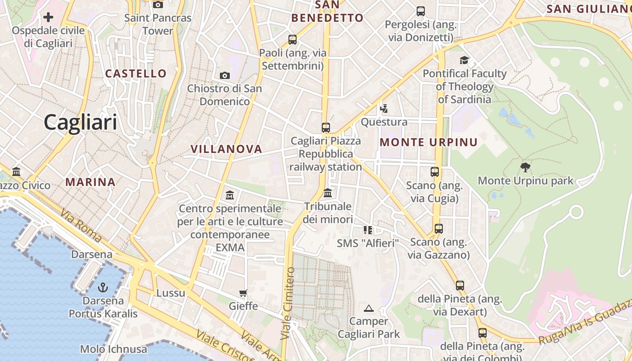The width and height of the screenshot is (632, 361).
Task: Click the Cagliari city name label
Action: tap(80, 122)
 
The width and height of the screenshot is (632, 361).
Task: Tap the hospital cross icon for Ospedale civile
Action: tap(48, 18)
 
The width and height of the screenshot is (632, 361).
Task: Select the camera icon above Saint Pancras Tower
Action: tap(158, 5)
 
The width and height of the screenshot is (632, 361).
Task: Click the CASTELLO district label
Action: tap(136, 74)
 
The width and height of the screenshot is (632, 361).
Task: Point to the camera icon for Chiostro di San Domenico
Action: tap(224, 75)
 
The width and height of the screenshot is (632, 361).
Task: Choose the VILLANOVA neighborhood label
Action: tap(226, 149)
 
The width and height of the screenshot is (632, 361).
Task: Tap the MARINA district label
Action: tap(90, 182)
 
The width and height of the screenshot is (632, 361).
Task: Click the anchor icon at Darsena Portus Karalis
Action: tap(103, 287)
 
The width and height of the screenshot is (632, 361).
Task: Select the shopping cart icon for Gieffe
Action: tap(243, 293)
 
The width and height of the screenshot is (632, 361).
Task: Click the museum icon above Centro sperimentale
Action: tap(230, 195)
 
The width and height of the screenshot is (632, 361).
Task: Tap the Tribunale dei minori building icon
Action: tap(328, 193)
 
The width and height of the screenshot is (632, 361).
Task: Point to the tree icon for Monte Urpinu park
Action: tap(525, 167)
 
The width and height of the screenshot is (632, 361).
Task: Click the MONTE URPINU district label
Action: tap(428, 143)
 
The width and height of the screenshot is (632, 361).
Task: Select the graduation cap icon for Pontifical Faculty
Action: tap(464, 60)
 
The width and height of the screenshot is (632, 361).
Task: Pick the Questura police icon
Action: tap(384, 108)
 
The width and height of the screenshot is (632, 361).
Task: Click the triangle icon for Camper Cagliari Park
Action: tap(369, 308)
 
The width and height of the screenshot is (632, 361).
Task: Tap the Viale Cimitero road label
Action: tap(288, 303)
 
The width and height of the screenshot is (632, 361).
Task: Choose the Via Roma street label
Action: tap(81, 226)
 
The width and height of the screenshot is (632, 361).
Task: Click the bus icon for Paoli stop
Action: tap(293, 40)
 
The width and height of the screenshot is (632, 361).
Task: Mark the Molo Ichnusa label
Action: tap(113, 349)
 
